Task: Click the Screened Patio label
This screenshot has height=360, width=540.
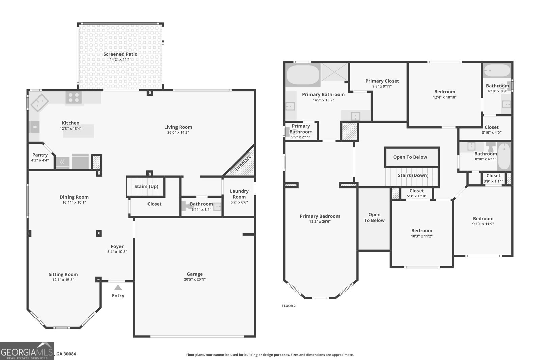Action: (120, 54)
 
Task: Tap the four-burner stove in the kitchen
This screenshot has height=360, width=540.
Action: (74, 98)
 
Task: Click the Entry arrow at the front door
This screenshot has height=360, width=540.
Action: (118, 288)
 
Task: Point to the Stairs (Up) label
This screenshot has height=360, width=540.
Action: (146, 186)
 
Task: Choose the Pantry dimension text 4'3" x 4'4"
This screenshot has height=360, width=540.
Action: (40, 160)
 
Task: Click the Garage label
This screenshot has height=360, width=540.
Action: (195, 274)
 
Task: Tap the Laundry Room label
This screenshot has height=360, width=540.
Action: (239, 194)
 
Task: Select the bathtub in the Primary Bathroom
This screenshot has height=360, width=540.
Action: (303, 76)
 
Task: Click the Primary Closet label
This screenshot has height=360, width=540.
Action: (382, 81)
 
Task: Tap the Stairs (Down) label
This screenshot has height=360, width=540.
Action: (413, 175)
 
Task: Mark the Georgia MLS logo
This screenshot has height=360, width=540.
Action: (27, 351)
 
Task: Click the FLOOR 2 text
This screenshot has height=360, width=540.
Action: (289, 306)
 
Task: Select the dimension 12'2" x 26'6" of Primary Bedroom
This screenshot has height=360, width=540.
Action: (320, 222)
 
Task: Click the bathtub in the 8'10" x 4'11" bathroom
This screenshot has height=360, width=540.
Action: (504, 157)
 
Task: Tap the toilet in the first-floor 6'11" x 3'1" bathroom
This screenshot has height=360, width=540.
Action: (186, 206)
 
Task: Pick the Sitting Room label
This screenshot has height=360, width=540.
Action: (63, 274)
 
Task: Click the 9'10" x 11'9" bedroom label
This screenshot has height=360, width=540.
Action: (483, 219)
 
